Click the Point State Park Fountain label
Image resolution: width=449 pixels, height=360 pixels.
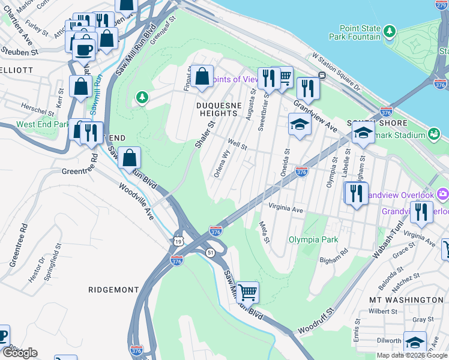[355, 32]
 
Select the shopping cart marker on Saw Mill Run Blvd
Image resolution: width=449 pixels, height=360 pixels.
[247, 293]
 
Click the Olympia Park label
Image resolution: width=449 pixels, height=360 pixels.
[309, 238]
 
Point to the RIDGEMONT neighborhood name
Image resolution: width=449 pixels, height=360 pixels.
[113, 290]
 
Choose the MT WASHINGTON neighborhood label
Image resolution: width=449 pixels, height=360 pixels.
[406, 299]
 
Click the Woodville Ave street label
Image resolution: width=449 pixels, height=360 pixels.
[137, 201]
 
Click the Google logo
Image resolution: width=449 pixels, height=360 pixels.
[20, 353]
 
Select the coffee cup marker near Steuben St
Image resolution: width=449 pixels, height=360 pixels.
[83, 49]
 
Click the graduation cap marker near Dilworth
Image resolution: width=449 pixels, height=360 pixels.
[415, 343]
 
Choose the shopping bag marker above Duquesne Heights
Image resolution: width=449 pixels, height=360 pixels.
[202, 76]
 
